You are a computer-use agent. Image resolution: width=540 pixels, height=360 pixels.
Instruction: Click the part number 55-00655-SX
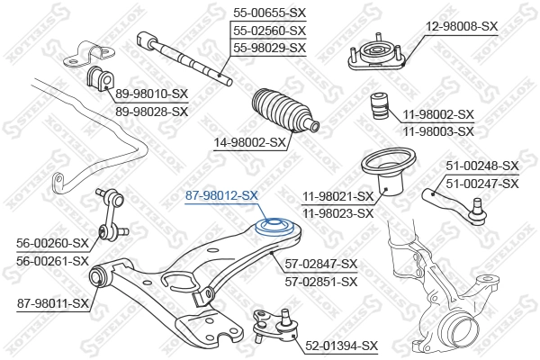coord(269,13)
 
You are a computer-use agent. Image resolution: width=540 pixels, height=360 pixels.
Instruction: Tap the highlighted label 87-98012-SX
coord(221,194)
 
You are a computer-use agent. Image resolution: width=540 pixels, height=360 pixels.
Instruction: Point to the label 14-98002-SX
coord(251,142)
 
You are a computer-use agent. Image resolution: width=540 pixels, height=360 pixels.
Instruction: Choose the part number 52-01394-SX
coord(342,345)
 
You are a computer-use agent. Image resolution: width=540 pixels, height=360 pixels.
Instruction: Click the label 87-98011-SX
coord(54,303)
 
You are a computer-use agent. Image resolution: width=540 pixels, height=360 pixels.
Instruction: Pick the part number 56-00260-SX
coord(53,243)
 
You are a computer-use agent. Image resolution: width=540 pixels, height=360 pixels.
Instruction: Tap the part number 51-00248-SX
coord(483,166)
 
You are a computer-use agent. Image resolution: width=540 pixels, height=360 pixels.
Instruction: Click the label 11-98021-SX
coord(337,196)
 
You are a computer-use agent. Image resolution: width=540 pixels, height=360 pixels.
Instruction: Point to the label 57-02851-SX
coord(321,281)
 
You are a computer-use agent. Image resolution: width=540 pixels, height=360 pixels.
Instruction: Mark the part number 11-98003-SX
coord(438,131)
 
